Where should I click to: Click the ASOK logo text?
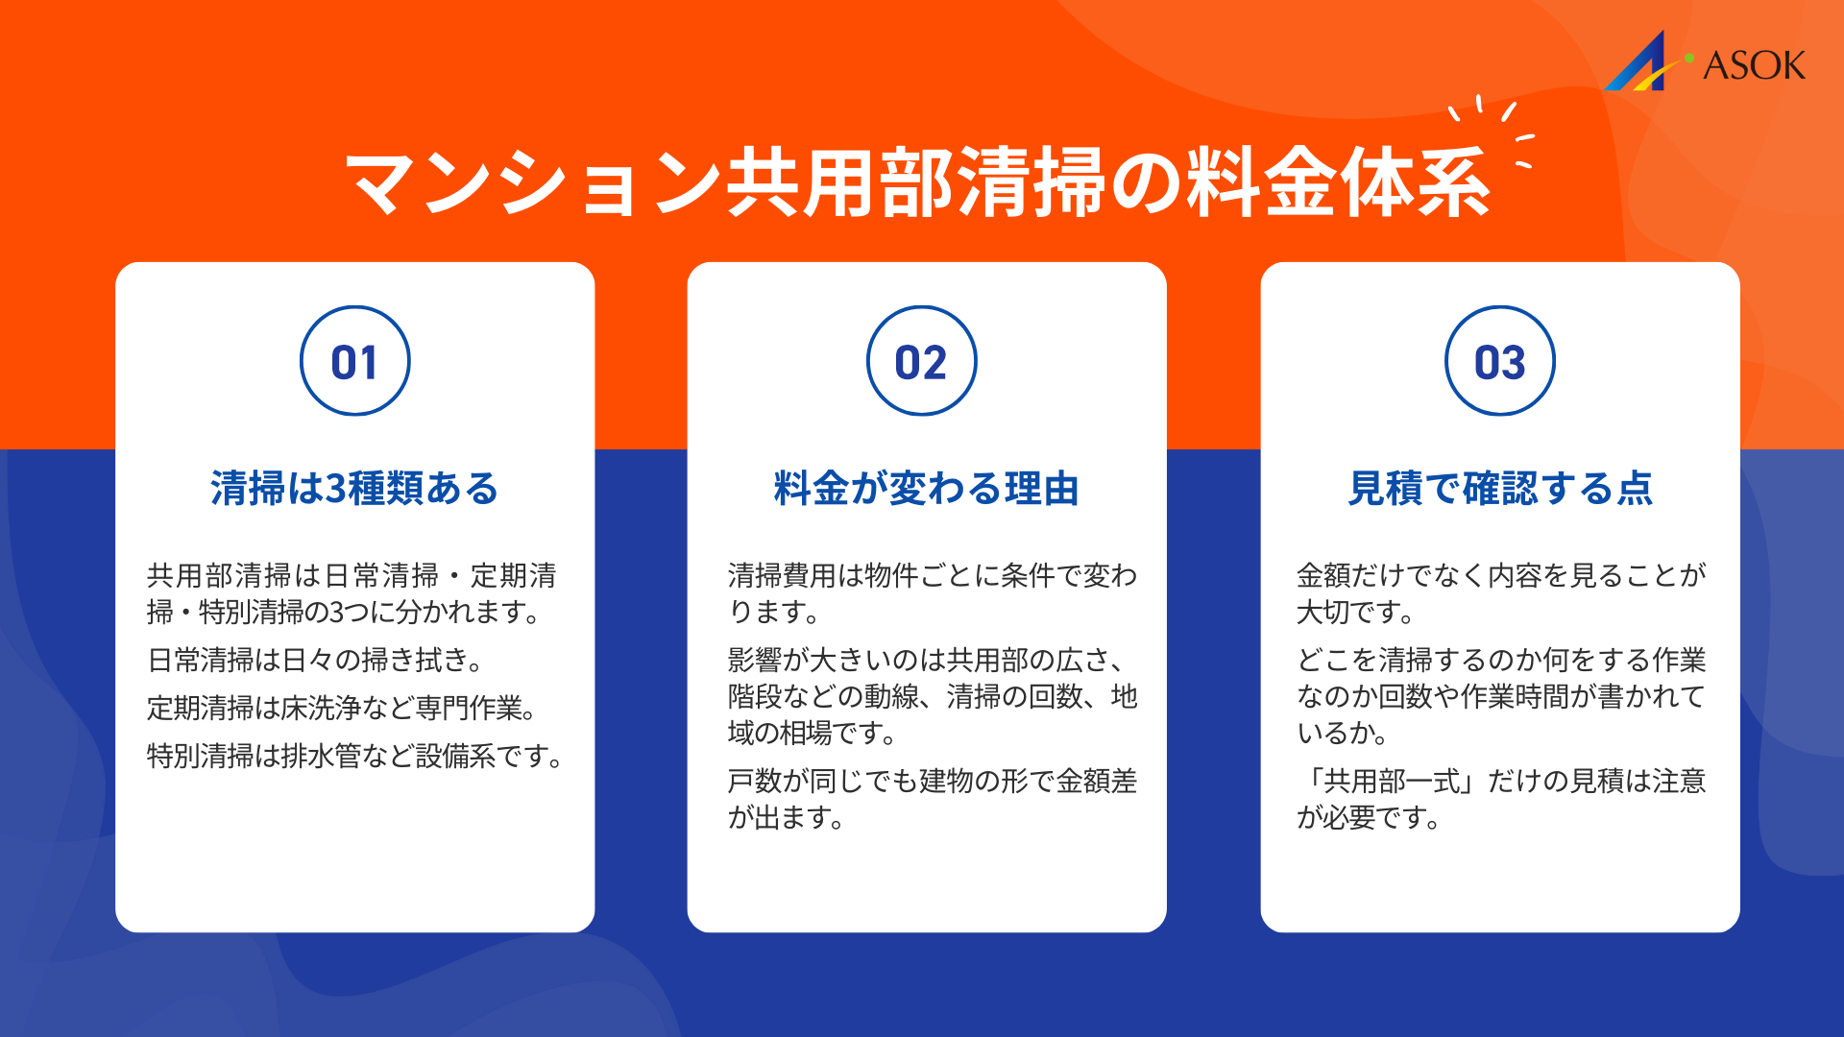coord(1754,65)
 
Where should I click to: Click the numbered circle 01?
coord(354,361)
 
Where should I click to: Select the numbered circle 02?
coord(921,361)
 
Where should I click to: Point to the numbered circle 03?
coord(1499,361)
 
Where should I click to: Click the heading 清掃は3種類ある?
coord(354,489)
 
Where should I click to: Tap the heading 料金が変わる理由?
coord(926,489)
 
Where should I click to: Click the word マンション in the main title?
coord(533,182)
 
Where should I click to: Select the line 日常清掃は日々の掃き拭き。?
coord(315,660)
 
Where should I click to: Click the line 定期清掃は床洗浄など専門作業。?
coord(343,708)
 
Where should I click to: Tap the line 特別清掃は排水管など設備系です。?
coord(355,756)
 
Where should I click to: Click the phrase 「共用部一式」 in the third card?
coord(1387,781)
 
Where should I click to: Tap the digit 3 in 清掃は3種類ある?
coord(335,489)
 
